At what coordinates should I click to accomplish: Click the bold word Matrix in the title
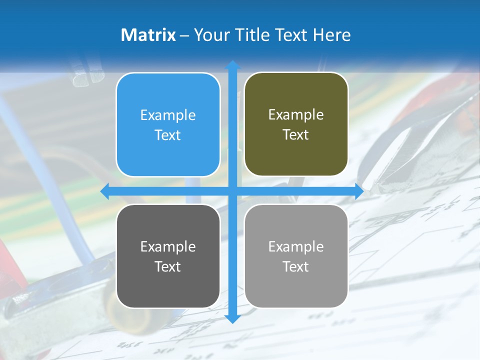click(x=148, y=35)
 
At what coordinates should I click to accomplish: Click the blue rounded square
click(x=168, y=124)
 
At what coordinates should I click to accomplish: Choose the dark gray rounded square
click(x=168, y=256)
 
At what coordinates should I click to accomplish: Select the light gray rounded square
click(x=296, y=256)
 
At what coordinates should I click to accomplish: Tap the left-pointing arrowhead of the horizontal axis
click(x=105, y=191)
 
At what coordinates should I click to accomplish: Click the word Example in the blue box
click(x=168, y=115)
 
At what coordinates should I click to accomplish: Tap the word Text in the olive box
click(x=296, y=134)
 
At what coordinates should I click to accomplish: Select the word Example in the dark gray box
click(x=168, y=246)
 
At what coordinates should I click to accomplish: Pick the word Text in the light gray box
click(x=296, y=266)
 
